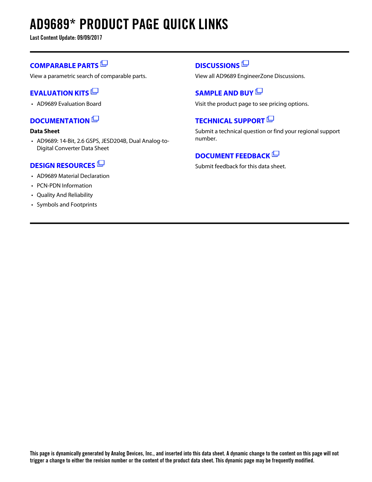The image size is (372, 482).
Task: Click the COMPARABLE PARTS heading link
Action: [64, 66]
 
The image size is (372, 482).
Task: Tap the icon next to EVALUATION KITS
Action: [95, 91]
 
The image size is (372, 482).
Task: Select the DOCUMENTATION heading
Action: [60, 121]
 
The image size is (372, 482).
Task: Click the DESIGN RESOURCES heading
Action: [62, 166]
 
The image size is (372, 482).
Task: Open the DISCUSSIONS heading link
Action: [217, 66]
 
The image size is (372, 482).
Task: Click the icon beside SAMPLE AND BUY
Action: [259, 91]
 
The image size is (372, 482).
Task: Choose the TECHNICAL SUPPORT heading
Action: [230, 121]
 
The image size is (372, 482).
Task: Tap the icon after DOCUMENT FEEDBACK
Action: [275, 154]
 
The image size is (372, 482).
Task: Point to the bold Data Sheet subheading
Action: [45, 131]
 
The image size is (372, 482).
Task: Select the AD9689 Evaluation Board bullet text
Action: [69, 104]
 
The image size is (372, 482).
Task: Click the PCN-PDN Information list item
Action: [64, 185]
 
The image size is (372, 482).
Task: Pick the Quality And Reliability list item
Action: [65, 195]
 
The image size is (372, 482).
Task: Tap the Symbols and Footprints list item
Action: [67, 204]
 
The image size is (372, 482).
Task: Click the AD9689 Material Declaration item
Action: [73, 176]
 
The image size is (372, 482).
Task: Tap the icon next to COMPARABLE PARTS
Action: [104, 63]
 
